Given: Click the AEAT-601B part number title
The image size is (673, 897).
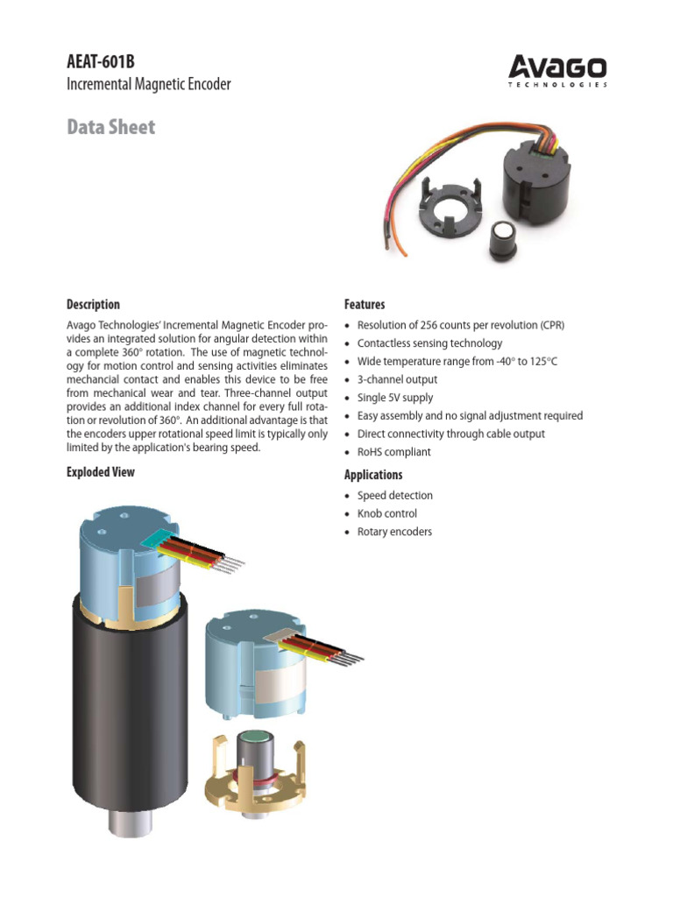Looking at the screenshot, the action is (102, 61).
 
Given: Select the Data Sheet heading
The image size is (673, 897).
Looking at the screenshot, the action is (111, 127).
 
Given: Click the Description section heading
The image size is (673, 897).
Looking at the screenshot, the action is (93, 305).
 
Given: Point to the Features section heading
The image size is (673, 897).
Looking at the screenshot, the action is (365, 305).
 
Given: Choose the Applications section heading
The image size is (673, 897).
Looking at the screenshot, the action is (373, 475).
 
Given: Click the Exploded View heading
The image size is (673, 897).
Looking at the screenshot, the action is (101, 472).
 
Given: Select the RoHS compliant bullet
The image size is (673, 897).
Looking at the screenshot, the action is (393, 452).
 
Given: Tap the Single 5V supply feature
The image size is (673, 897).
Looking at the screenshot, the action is (395, 398).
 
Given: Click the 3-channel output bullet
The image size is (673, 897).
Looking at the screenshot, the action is (397, 379).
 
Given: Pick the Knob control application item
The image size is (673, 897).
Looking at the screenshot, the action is (387, 513).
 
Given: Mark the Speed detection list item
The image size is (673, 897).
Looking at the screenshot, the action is (394, 495).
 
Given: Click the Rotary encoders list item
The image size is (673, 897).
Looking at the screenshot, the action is (394, 532).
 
